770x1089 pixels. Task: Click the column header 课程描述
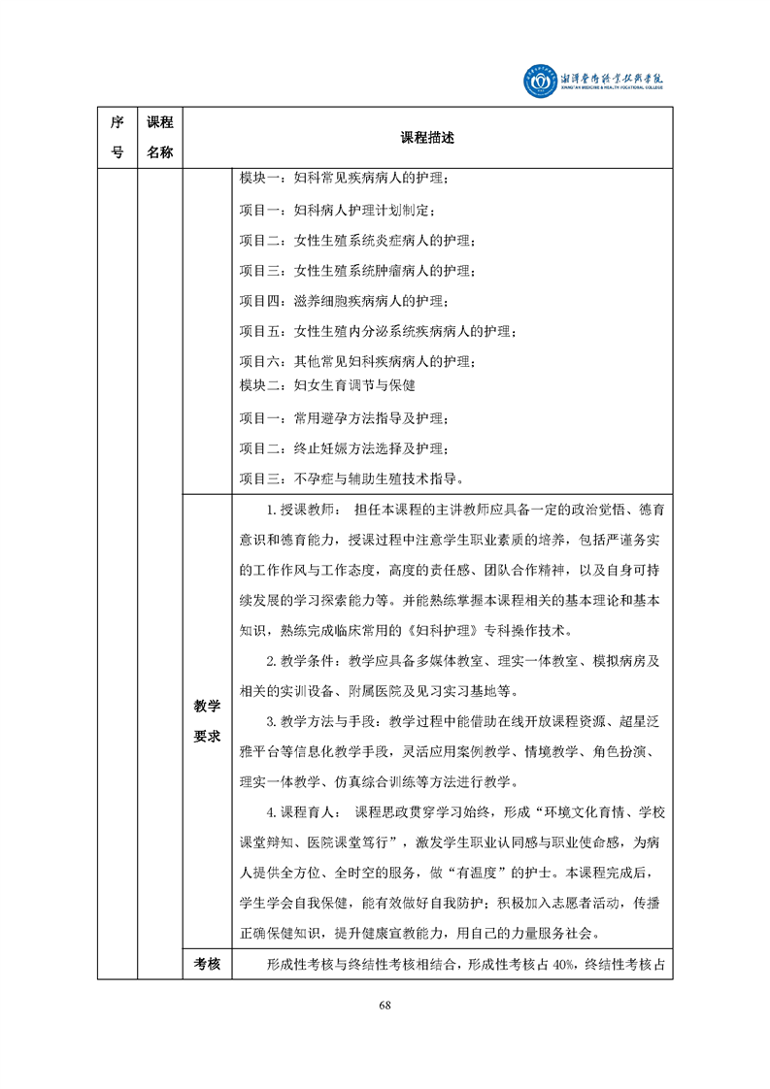tap(427, 138)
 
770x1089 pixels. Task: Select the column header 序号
tap(117, 137)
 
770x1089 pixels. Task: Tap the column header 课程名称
tap(159, 137)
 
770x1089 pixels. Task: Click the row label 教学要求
tap(207, 721)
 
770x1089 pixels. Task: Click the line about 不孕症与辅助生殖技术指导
tap(357, 478)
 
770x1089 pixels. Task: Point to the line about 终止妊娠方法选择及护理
tap(344, 448)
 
